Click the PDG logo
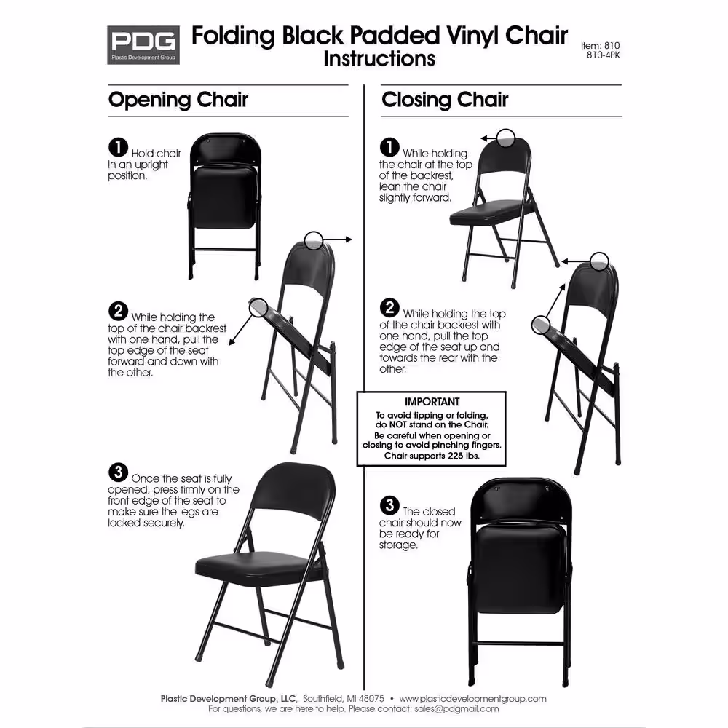pyautogui.click(x=143, y=44)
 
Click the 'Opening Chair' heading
pyautogui.click(x=178, y=100)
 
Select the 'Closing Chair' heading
pyautogui.click(x=445, y=100)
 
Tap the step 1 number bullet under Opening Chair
pyautogui.click(x=119, y=147)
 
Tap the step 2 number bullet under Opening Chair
pyautogui.click(x=119, y=311)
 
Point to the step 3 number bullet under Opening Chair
pyautogui.click(x=119, y=472)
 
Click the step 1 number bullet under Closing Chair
pyautogui.click(x=389, y=147)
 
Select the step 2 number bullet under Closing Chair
pyautogui.click(x=389, y=307)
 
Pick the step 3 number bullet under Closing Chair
pyautogui.click(x=389, y=505)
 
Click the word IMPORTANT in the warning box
pyautogui.click(x=432, y=402)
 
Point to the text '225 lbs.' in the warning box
pyautogui.click(x=463, y=456)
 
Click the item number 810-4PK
pyautogui.click(x=603, y=55)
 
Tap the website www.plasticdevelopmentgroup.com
pyautogui.click(x=472, y=699)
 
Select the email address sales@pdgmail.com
pyautogui.click(x=457, y=709)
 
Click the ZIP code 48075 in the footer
pyautogui.click(x=371, y=699)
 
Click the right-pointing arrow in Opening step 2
pyautogui.click(x=337, y=240)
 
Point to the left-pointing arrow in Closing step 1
pyautogui.click(x=488, y=138)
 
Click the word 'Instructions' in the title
pyautogui.click(x=379, y=59)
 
